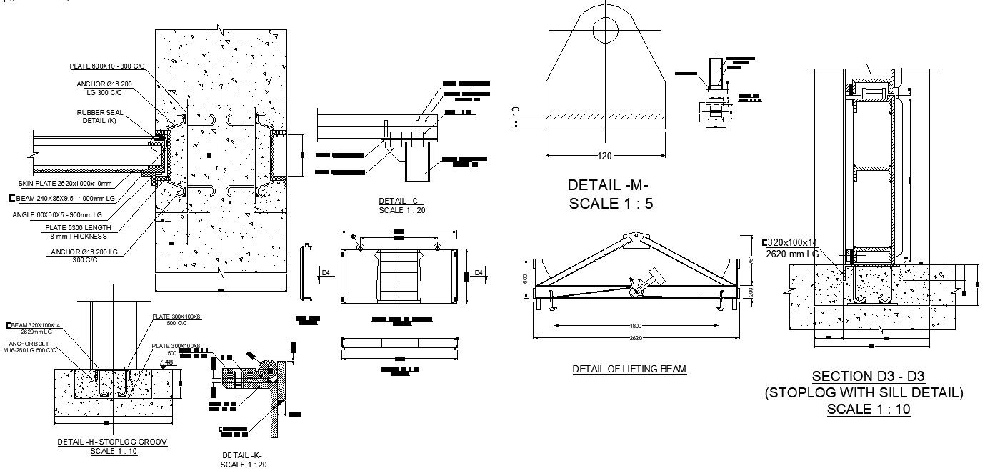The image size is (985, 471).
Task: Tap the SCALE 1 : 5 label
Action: tap(611, 204)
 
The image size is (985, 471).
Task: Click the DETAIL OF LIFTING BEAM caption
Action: tap(629, 370)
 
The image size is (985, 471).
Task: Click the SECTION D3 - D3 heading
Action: tap(864, 377)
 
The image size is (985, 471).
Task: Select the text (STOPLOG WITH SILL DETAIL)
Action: tap(864, 392)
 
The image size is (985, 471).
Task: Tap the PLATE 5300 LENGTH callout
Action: tap(79, 228)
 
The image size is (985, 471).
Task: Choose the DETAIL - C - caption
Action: tap(401, 202)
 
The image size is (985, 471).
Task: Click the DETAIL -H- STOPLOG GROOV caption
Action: tap(113, 442)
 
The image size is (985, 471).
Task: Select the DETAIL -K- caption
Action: tap(242, 455)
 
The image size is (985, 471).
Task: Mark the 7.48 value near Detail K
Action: tap(166, 362)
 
